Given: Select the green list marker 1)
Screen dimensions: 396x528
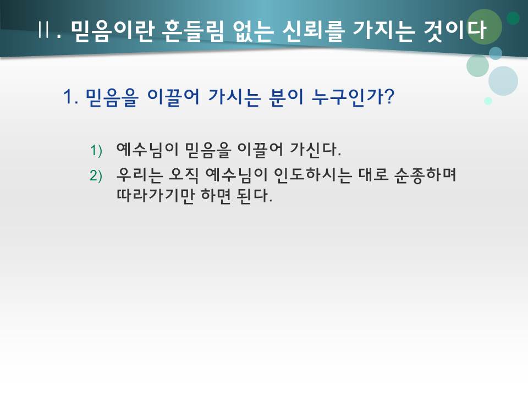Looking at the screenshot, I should point(97,150).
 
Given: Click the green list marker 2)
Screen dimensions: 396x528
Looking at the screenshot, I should point(97,175).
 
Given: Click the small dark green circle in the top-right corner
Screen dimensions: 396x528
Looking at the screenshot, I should point(513,18).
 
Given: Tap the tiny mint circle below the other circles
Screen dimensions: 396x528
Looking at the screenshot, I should point(487,101).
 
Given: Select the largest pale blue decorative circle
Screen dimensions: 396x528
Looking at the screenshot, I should point(503,81).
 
